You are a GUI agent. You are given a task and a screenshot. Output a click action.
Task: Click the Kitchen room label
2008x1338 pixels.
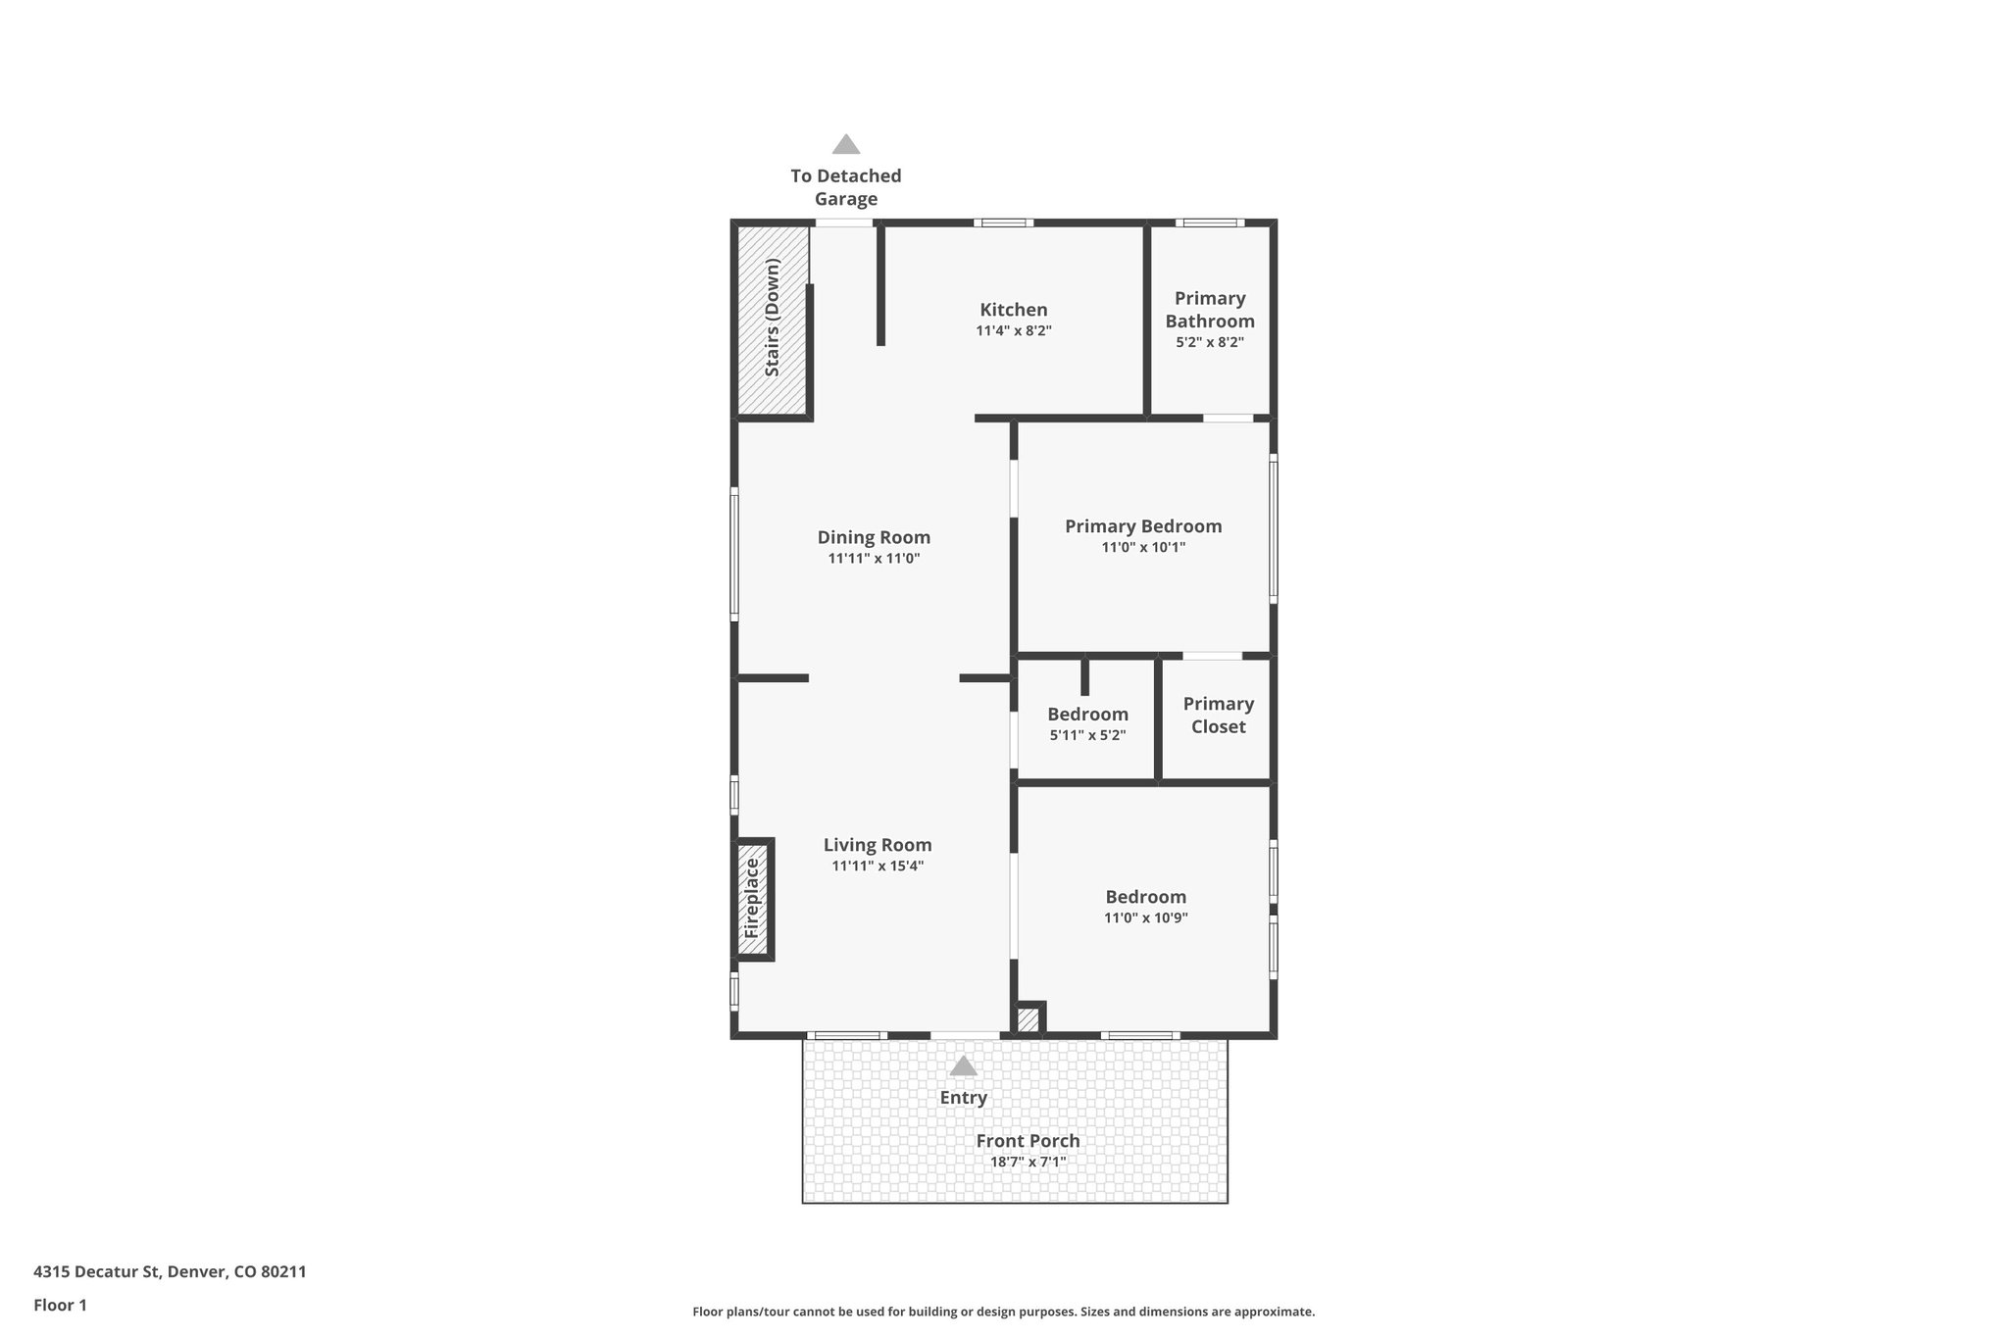[1013, 310]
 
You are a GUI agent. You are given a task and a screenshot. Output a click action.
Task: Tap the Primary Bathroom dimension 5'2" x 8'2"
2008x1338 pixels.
[1209, 342]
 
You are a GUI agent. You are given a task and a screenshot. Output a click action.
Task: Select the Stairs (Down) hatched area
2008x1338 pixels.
[773, 319]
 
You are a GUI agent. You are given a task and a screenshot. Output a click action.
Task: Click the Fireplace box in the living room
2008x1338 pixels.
[753, 898]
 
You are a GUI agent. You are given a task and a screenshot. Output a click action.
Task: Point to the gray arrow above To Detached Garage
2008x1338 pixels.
[846, 145]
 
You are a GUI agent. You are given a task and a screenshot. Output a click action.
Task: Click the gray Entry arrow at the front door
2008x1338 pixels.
[963, 1065]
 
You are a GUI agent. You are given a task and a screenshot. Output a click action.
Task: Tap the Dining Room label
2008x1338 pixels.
[874, 537]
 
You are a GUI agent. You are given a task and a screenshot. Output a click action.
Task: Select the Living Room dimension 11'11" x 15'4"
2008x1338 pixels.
[878, 866]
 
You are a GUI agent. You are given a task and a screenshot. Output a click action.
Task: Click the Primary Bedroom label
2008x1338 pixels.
[1143, 526]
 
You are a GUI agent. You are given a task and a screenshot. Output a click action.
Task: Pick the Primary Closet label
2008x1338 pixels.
[1218, 715]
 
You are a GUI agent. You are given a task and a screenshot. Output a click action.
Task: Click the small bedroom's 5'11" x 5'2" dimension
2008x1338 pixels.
[1087, 735]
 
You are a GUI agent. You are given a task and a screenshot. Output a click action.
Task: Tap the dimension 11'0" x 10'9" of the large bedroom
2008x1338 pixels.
[1145, 918]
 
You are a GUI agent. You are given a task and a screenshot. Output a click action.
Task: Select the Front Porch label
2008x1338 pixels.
[1028, 1141]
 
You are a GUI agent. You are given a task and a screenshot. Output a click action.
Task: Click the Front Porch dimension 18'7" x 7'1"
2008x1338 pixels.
[1028, 1163]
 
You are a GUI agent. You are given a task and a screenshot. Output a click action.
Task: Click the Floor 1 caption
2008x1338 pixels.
[60, 1305]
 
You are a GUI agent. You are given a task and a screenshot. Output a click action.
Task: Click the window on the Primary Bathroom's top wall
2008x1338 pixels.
[1210, 223]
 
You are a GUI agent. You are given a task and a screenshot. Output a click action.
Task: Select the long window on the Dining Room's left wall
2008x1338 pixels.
[734, 554]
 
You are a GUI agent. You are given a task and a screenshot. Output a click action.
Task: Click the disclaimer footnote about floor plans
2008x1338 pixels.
[1003, 1312]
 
